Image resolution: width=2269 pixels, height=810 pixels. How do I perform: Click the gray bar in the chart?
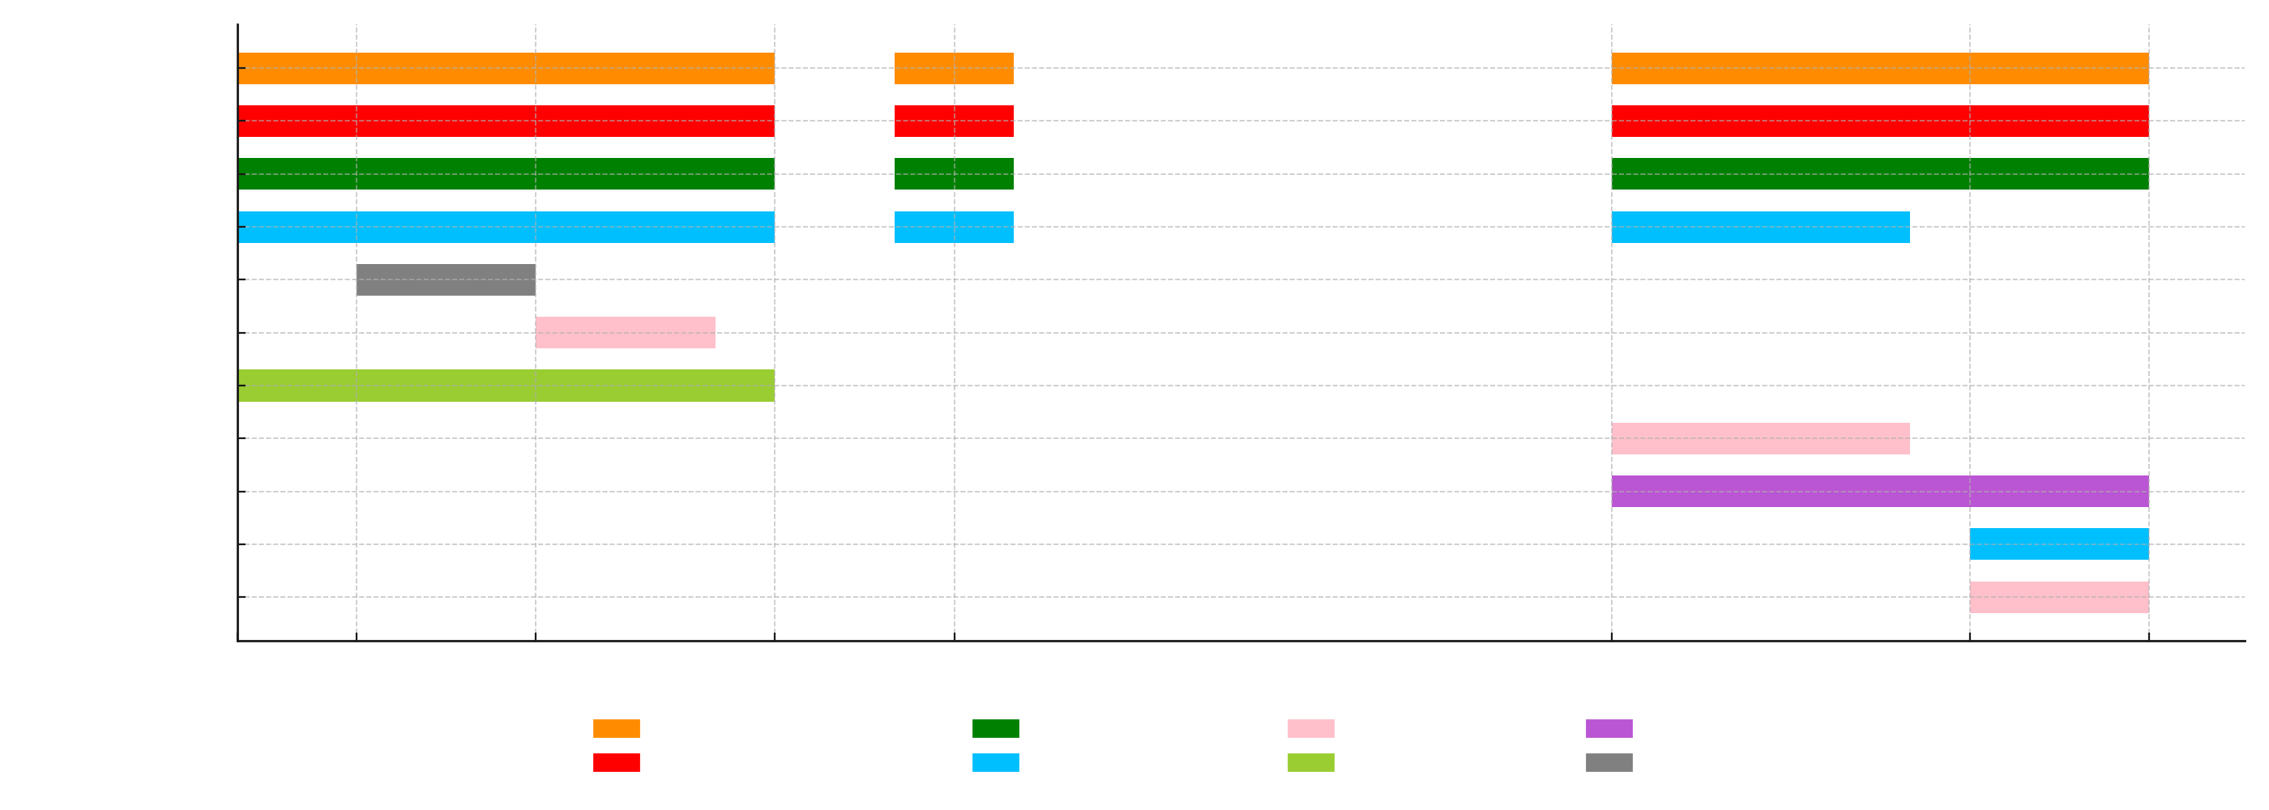click(x=446, y=280)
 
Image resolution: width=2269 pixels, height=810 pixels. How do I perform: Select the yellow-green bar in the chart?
click(x=506, y=386)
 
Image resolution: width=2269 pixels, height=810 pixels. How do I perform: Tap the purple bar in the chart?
click(x=1880, y=492)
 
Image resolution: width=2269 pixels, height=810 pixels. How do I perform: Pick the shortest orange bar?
click(x=954, y=69)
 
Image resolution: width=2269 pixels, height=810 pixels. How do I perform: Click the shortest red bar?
click(x=954, y=122)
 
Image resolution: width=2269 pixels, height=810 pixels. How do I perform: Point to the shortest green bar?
click(x=954, y=174)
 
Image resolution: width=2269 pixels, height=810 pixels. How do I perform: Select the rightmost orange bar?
click(x=1880, y=69)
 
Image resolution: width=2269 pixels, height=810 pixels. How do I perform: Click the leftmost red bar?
click(x=506, y=122)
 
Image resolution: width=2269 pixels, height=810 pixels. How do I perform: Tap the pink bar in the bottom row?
click(x=2058, y=597)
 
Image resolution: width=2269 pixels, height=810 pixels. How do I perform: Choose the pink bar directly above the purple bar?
click(x=1760, y=438)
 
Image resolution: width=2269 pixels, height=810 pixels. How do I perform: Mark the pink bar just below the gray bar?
click(x=626, y=333)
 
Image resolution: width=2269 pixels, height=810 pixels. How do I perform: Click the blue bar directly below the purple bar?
click(x=2058, y=544)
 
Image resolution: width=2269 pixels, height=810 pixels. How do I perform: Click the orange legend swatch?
click(x=617, y=729)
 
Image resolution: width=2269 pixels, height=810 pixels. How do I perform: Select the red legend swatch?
click(x=617, y=762)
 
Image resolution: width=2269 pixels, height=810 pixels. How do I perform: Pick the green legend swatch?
click(x=995, y=729)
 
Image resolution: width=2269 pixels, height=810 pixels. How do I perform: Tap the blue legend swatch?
click(x=995, y=762)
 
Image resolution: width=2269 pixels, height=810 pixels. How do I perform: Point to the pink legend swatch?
click(x=1310, y=729)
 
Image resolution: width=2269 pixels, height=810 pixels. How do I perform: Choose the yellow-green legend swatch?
click(x=1310, y=762)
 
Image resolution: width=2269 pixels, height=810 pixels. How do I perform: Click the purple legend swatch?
click(x=1609, y=729)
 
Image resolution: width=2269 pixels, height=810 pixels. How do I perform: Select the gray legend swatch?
click(x=1609, y=762)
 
